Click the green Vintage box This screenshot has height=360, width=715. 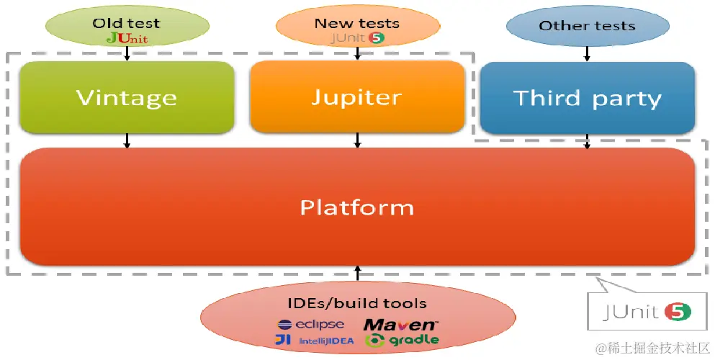coord(127,97)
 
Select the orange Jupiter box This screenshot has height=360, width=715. coord(357,96)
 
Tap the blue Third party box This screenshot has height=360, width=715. coord(588,97)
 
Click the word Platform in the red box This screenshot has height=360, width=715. coord(357,207)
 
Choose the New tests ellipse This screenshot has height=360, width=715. coord(357,26)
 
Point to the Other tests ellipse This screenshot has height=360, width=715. coord(588,26)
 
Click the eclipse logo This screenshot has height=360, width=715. coord(310,325)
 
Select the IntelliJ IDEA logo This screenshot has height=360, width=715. coord(314,341)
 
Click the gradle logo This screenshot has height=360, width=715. coord(402,341)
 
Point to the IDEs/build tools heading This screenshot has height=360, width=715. coord(357,304)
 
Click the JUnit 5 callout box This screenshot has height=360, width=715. coord(647,311)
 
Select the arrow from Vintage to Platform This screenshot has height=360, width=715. coord(127,140)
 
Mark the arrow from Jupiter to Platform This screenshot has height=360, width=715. coord(357,140)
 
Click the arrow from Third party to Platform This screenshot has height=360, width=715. coord(588,141)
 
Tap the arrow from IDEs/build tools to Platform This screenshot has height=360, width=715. coord(357,273)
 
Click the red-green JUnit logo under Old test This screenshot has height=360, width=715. coord(127,38)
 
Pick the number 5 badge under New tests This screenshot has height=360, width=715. coord(377,38)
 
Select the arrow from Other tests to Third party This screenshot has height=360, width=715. coord(588,54)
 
